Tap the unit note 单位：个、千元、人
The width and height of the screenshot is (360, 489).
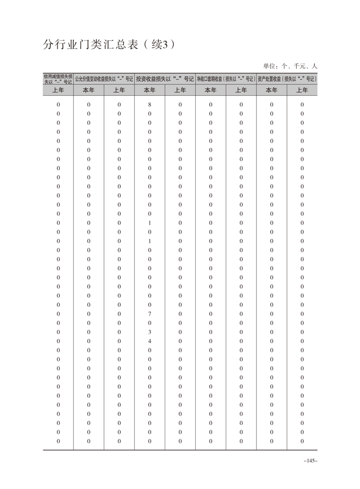290,66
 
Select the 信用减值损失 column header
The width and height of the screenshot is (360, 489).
58,79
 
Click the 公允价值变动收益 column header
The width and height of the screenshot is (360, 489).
104,79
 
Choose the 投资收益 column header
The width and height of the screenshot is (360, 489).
165,79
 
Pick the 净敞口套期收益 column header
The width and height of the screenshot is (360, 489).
226,79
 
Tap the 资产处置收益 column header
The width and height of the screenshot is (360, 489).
287,79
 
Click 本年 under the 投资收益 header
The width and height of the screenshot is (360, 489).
149,90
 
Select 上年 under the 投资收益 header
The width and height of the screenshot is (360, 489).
180,90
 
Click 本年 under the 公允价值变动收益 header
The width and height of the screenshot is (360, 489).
89,90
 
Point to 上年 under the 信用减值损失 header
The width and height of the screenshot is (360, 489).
58,90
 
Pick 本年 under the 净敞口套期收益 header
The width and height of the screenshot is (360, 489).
211,90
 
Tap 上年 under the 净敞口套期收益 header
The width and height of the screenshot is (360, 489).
241,90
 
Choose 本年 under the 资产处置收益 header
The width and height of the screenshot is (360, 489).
271,90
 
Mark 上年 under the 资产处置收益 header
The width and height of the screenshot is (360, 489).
302,90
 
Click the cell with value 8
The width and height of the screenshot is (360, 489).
149,105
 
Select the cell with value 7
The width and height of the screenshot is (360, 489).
149,314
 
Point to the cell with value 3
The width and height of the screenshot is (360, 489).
149,332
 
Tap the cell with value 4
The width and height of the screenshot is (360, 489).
149,341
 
